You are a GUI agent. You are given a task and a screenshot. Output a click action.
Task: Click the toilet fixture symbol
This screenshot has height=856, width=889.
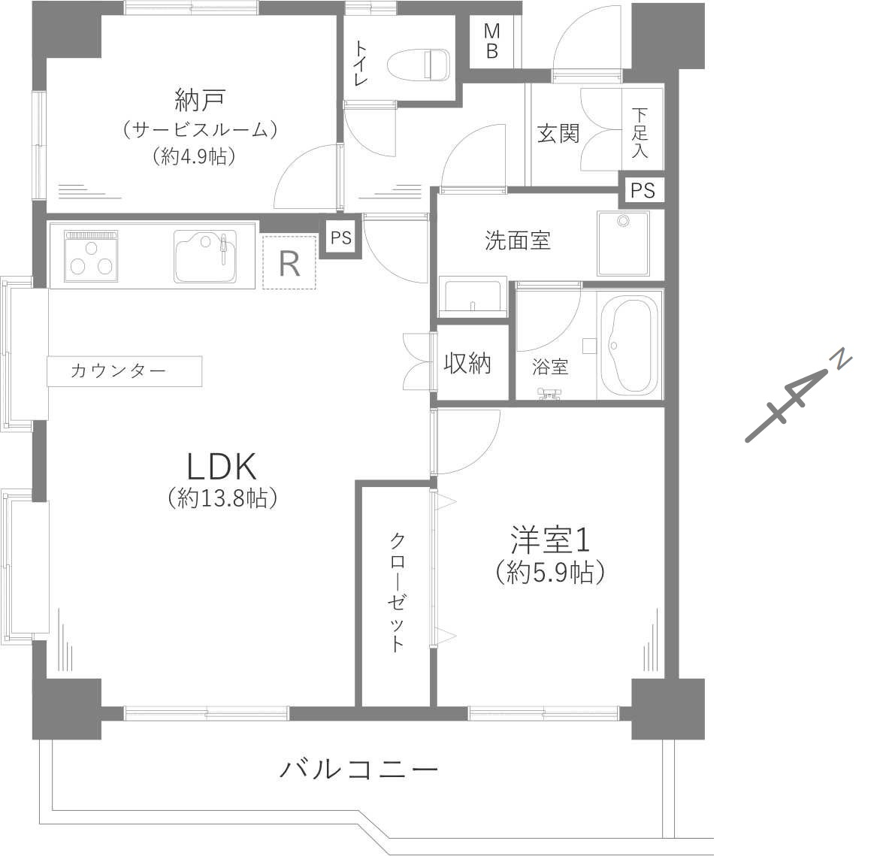pyautogui.click(x=419, y=65)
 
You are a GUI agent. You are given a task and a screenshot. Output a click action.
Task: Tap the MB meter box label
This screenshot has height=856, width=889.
pyautogui.click(x=492, y=41)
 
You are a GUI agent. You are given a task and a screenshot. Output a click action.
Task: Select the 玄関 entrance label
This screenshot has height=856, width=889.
pyautogui.click(x=558, y=135)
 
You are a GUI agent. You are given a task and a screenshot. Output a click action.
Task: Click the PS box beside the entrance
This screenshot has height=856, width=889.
pyautogui.click(x=643, y=190)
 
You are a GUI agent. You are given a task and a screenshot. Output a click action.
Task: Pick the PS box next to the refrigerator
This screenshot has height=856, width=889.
pyautogui.click(x=341, y=237)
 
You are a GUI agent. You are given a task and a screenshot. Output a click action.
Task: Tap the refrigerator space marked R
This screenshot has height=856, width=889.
pyautogui.click(x=290, y=262)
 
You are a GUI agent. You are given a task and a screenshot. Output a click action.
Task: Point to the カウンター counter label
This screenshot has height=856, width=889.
pyautogui.click(x=119, y=371)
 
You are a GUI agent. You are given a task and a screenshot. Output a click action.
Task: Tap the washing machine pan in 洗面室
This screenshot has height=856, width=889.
pyautogui.click(x=623, y=243)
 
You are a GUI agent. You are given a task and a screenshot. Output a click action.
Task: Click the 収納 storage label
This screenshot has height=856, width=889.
pyautogui.click(x=467, y=363)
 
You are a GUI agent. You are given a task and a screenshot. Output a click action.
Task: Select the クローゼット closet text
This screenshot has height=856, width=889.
pyautogui.click(x=397, y=591)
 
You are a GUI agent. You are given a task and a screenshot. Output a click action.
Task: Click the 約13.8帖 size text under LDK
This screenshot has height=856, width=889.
pyautogui.click(x=223, y=498)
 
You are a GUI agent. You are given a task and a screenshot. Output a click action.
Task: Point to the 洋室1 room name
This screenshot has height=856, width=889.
pyautogui.click(x=550, y=540)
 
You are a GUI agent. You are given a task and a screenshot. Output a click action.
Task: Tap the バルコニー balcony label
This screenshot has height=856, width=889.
pyautogui.click(x=359, y=770)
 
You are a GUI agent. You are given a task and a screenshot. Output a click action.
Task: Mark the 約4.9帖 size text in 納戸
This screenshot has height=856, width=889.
pyautogui.click(x=194, y=156)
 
